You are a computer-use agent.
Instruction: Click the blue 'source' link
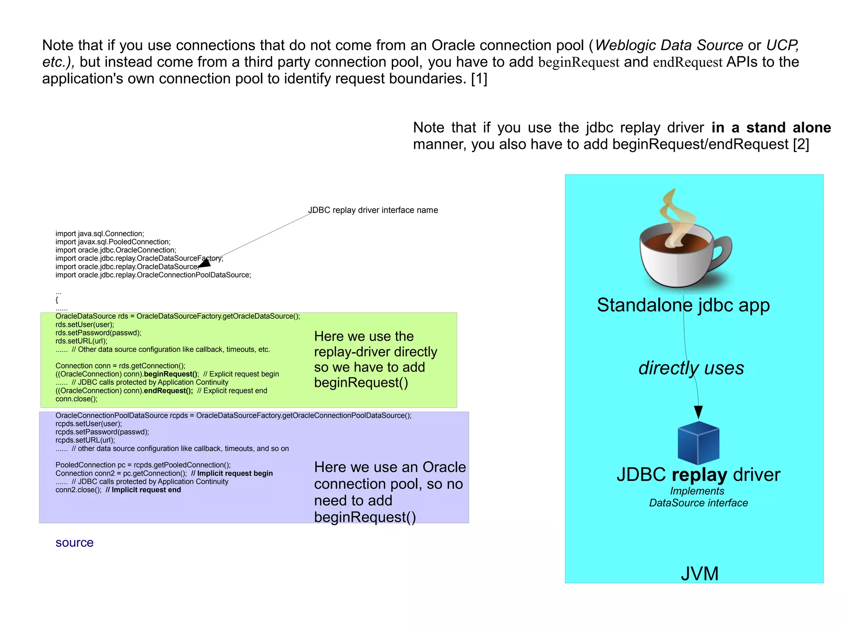pyautogui.click(x=74, y=543)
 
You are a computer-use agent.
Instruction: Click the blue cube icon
pyautogui.click(x=698, y=443)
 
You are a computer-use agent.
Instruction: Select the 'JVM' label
pyautogui.click(x=699, y=573)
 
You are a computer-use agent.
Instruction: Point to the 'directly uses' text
pyautogui.click(x=691, y=368)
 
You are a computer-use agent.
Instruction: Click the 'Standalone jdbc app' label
pyautogui.click(x=683, y=305)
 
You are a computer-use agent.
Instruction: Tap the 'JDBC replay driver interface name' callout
pyautogui.click(x=373, y=210)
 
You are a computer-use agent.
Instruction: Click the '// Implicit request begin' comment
pyautogui.click(x=232, y=473)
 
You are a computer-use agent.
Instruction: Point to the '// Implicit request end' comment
pyautogui.click(x=143, y=490)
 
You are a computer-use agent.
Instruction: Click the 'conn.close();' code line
pyautogui.click(x=76, y=399)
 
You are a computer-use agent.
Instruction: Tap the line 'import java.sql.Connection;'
pyautogui.click(x=100, y=233)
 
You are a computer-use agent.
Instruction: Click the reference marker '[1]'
pyautogui.click(x=479, y=79)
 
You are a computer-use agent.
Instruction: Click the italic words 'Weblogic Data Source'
pyautogui.click(x=669, y=45)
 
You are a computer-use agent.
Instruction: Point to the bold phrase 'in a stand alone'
pyautogui.click(x=771, y=127)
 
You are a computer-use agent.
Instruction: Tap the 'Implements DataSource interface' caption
pyautogui.click(x=698, y=497)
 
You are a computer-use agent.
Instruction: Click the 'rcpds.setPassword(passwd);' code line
pyautogui.click(x=102, y=432)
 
